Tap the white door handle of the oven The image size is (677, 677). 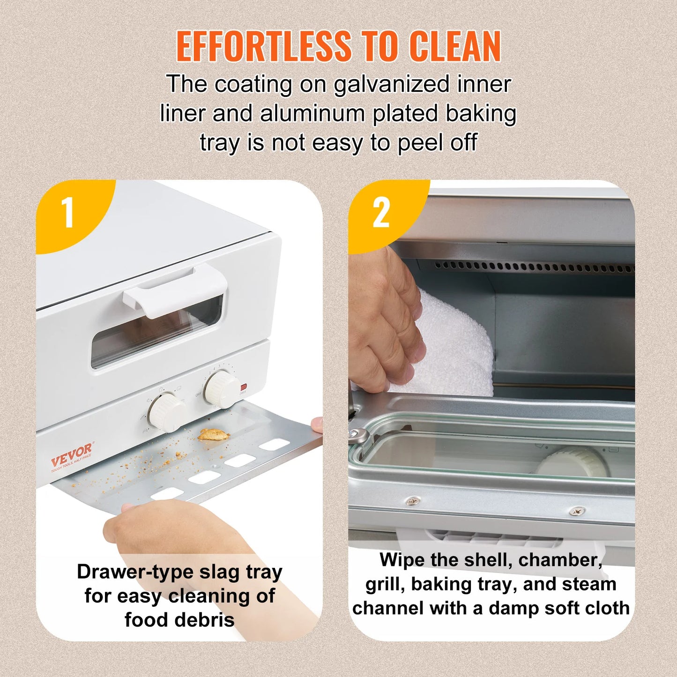[174, 290]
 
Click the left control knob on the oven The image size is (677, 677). [166, 411]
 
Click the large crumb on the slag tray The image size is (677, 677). [213, 434]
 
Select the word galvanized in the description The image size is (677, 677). [392, 85]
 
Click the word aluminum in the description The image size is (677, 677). [312, 114]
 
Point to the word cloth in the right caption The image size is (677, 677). [605, 608]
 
